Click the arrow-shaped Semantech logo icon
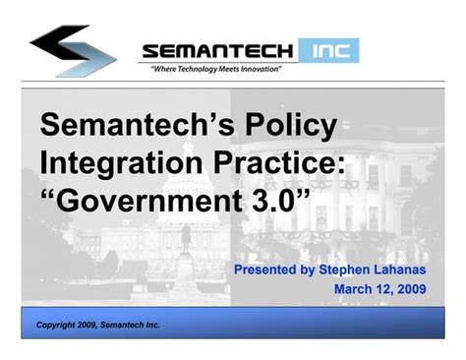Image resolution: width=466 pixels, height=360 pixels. pos(73,49)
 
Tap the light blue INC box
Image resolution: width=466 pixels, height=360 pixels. pos(329,50)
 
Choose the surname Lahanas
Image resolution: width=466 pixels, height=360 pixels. pos(408,268)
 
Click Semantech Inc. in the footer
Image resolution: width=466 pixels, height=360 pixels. pos(132,326)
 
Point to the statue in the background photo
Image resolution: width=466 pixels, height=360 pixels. pos(185,236)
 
